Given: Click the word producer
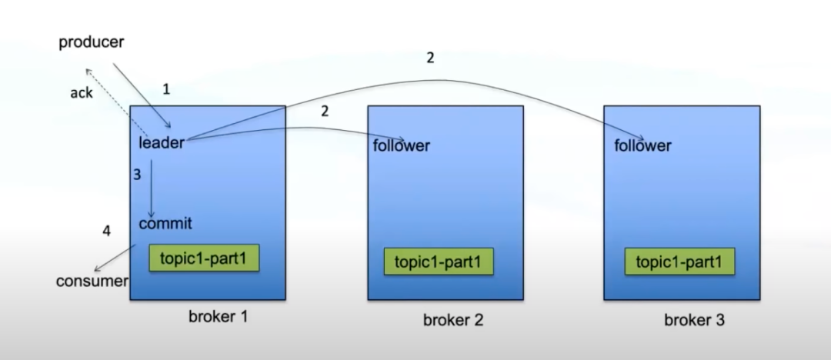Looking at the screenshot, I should pyautogui.click(x=91, y=42).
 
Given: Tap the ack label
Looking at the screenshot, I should pyautogui.click(x=81, y=93).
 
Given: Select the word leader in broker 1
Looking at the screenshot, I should pyautogui.click(x=162, y=142).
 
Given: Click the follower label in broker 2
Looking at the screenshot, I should pyautogui.click(x=401, y=145).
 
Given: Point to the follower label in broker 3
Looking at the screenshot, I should pyautogui.click(x=642, y=145).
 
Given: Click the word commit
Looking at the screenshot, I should pyautogui.click(x=165, y=224).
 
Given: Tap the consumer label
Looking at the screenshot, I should pyautogui.click(x=92, y=281).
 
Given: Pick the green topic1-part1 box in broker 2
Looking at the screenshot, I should pyautogui.click(x=439, y=262).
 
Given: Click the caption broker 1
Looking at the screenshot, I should pyautogui.click(x=219, y=316).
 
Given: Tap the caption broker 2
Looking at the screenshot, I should pyautogui.click(x=453, y=320).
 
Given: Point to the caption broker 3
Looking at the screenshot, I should pyautogui.click(x=694, y=320).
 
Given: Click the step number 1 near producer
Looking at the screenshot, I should pyautogui.click(x=166, y=89).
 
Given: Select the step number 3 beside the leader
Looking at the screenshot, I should pyautogui.click(x=137, y=175).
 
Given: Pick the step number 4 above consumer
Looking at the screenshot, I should pyautogui.click(x=107, y=231).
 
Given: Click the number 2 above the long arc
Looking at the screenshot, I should pyautogui.click(x=430, y=58).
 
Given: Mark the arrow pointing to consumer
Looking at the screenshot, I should pyautogui.click(x=115, y=258).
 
